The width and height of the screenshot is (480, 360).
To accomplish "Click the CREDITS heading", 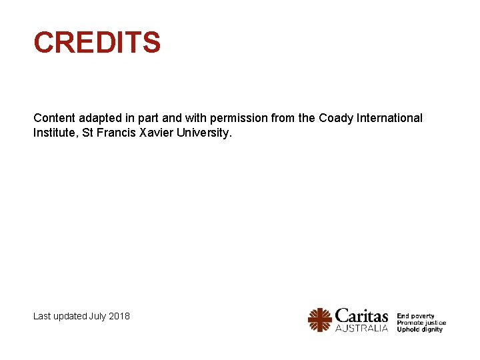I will [97, 43].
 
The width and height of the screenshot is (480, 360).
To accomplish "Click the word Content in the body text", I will [54, 118].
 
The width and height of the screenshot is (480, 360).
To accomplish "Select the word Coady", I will [336, 118].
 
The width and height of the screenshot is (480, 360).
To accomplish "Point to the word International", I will [390, 118].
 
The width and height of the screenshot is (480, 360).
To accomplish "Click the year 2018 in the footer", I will [119, 315].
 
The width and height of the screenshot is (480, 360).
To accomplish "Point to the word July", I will [97, 315].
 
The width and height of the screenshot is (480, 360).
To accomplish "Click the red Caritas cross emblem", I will [320, 320].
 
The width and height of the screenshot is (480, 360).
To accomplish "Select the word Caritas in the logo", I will [361, 315].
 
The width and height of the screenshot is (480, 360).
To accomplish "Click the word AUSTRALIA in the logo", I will [361, 328].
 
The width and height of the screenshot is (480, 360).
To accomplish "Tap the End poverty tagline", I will [416, 316].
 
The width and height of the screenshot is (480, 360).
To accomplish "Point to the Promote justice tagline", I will [421, 323].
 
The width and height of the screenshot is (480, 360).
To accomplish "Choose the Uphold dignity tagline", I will [420, 329].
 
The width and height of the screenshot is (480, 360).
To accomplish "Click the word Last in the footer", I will [41, 315].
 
